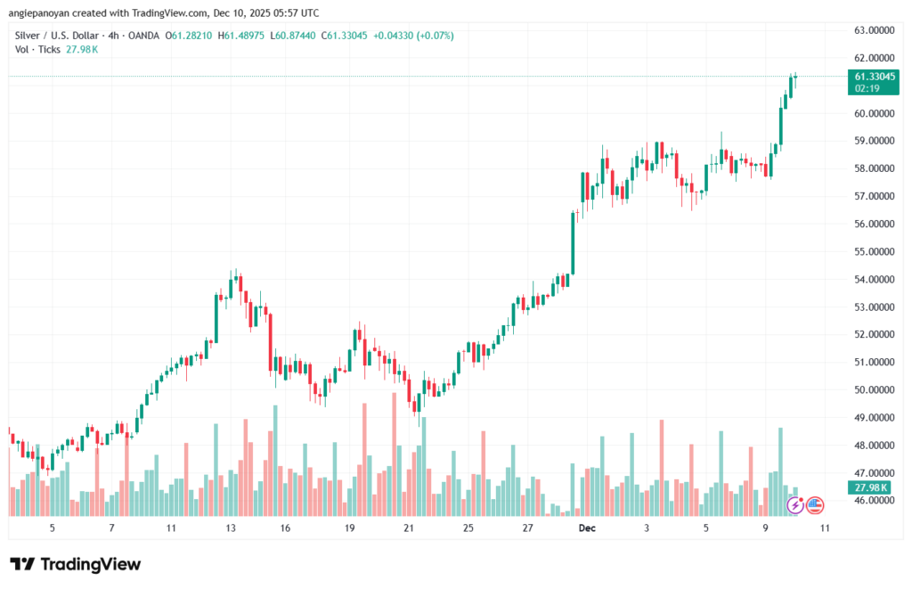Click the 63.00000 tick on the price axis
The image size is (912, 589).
pos(873,30)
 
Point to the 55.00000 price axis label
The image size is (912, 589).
pos(873,251)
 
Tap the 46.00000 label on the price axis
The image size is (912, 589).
pos(873,501)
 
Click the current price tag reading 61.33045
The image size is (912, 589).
pos(873,78)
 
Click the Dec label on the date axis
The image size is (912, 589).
pos(587,528)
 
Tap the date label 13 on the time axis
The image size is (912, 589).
pos(231,528)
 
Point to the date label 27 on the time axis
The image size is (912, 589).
pos(527,528)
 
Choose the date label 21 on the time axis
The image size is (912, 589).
pos(409,528)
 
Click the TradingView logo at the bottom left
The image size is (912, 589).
pos(75,564)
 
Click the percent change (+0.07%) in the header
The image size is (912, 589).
pos(435,36)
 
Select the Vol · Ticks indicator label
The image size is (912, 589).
pos(37,49)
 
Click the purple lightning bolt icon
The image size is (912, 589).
pos(795,505)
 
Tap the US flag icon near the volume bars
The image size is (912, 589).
pos(814,505)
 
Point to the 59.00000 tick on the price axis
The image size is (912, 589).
pos(873,141)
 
